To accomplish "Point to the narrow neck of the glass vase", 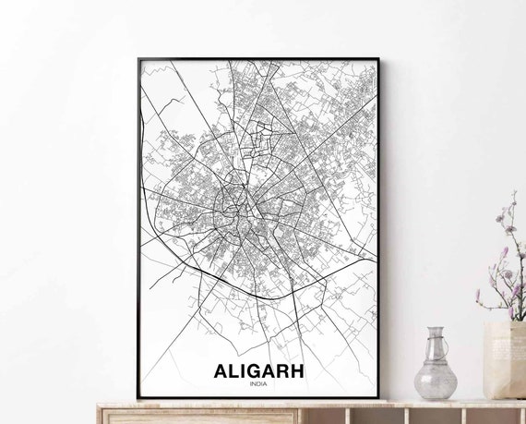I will click(435, 344).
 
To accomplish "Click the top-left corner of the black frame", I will click(138, 60).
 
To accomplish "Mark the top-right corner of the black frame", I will click(377, 60).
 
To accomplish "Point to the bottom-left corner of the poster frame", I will click(138, 398).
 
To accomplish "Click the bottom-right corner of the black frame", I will click(377, 398).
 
